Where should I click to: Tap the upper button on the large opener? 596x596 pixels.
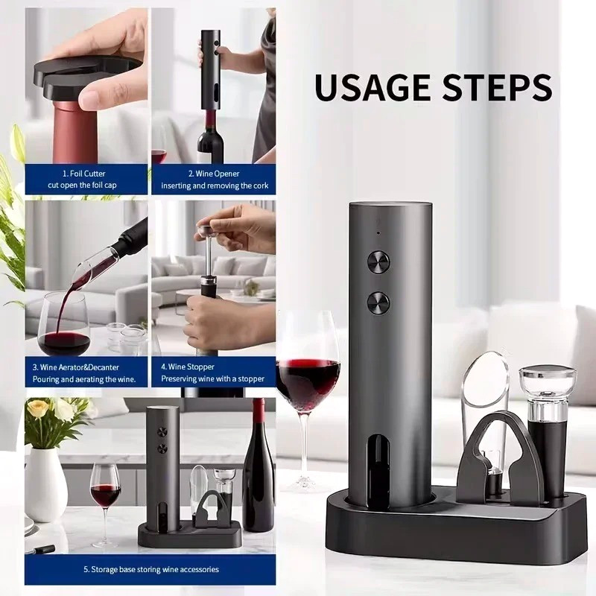tap(378, 262)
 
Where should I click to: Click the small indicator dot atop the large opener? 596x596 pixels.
tap(378, 232)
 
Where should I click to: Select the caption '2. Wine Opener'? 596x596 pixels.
tap(213, 174)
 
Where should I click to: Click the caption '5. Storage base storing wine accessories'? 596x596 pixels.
tap(149, 569)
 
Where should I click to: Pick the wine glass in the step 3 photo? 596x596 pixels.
tap(63, 328)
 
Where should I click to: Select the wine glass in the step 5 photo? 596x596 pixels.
tap(105, 492)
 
